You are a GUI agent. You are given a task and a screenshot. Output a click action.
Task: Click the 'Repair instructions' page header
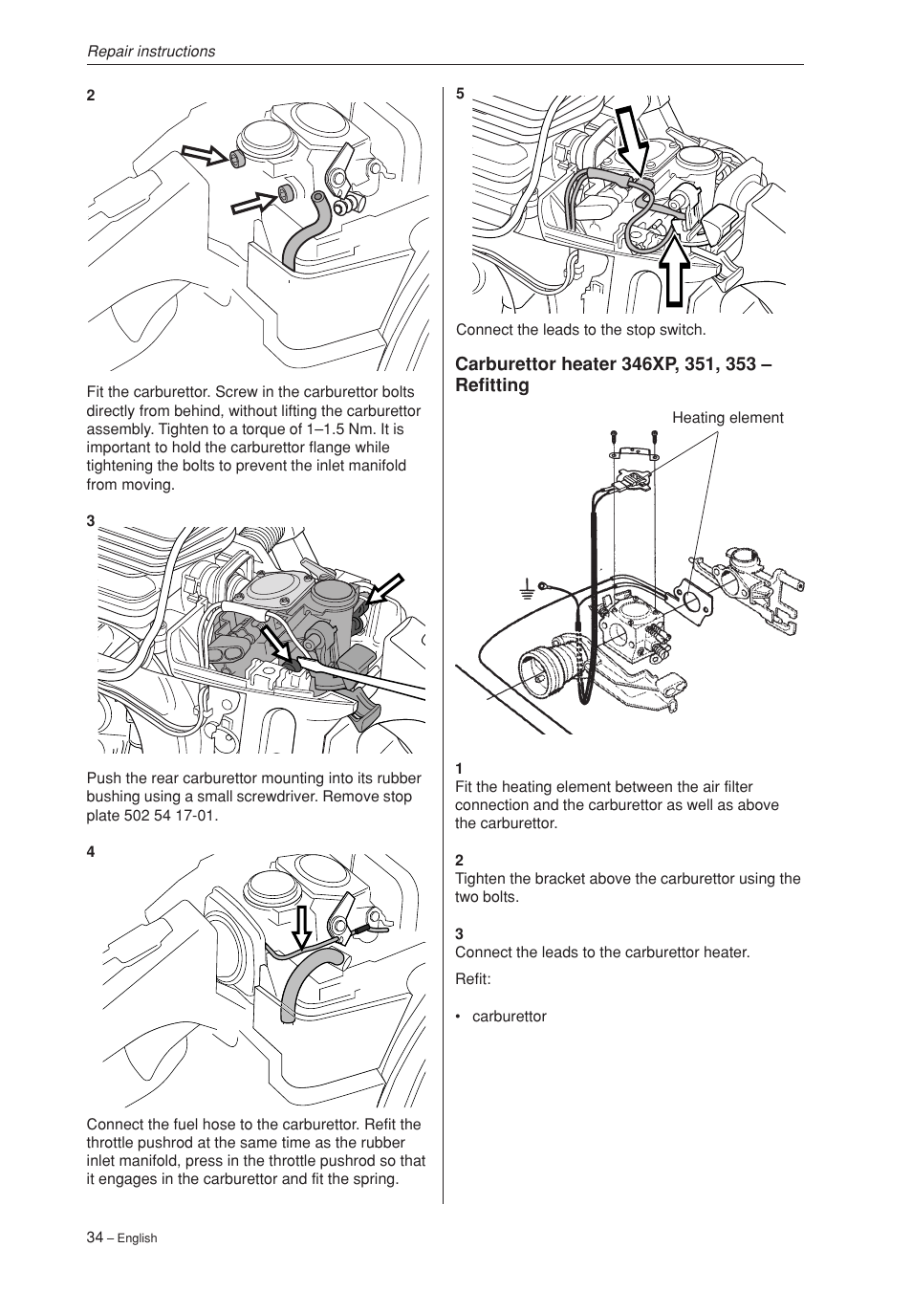point(151,52)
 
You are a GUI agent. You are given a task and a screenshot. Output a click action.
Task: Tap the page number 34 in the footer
point(95,1237)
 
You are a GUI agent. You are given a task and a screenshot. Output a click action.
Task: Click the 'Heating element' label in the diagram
point(727,418)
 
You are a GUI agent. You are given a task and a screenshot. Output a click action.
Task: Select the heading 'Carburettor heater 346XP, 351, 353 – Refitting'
point(613,375)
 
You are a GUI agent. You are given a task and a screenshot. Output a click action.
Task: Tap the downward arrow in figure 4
point(301,927)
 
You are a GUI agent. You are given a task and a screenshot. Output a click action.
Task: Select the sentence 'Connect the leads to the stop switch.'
point(580,330)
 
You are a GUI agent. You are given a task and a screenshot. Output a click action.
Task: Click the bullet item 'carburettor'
point(509,1017)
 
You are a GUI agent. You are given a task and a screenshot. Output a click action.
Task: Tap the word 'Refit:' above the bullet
point(472,979)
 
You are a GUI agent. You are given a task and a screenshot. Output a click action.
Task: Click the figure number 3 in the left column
point(91,521)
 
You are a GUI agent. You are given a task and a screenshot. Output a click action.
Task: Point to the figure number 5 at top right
point(460,94)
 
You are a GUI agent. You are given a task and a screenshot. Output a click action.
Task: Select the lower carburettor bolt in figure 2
point(286,196)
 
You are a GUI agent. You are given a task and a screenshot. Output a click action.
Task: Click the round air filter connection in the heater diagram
point(541,670)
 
